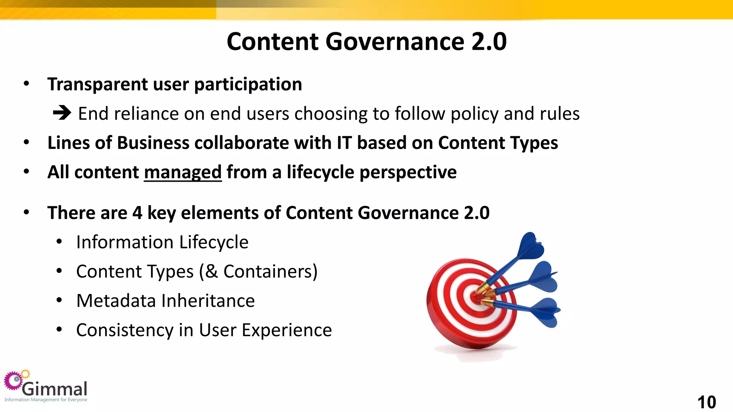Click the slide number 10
pos(707,402)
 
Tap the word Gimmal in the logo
pos(55,389)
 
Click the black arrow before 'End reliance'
pos(62,113)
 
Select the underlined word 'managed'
pos(183,172)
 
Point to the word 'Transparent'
pos(98,84)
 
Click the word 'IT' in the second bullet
pos(344,143)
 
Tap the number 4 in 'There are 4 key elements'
pos(137,213)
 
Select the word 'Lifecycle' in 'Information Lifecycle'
pos(214,242)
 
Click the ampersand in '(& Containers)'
pos(212,271)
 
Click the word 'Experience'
pos(287,330)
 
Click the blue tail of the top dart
pos(532,245)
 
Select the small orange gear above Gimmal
pos(26,374)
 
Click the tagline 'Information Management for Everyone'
pos(46,400)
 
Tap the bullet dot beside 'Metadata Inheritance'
pos(59,300)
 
